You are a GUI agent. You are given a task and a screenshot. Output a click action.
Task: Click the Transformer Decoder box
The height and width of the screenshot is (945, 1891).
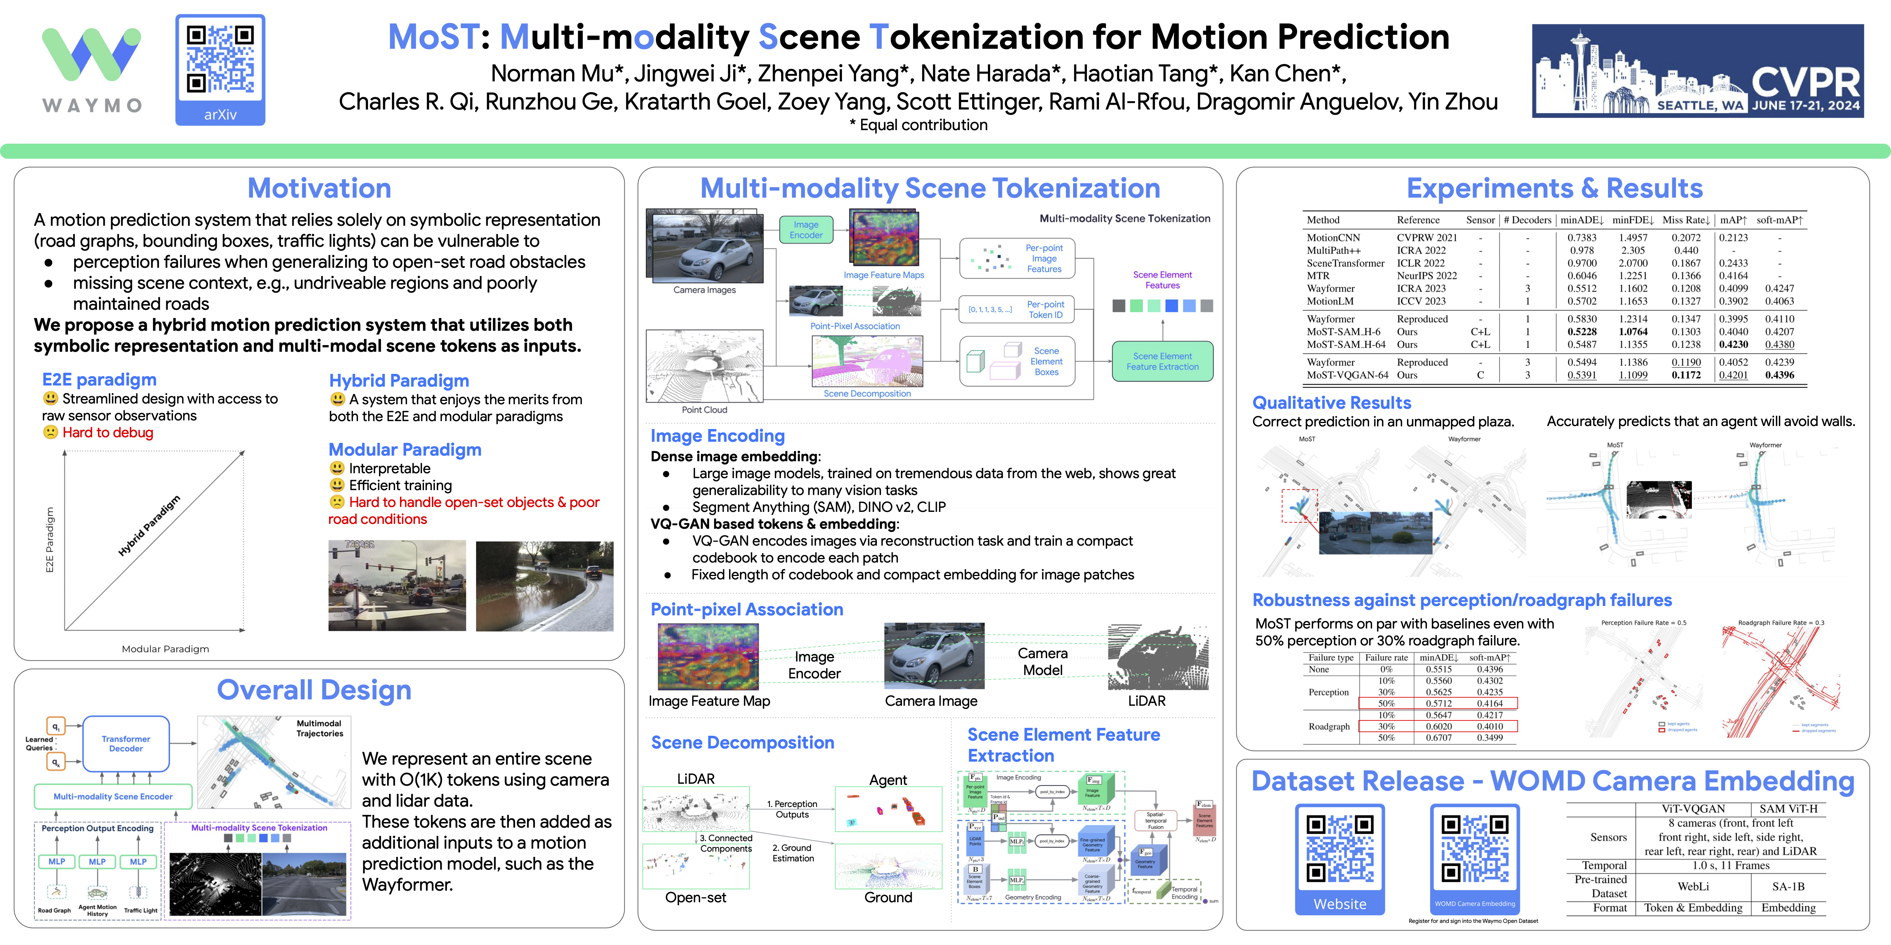click(126, 744)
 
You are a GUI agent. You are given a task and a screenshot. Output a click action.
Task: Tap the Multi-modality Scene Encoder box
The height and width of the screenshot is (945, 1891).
click(113, 796)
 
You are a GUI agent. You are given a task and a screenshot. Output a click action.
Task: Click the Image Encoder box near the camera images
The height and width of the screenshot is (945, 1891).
click(805, 229)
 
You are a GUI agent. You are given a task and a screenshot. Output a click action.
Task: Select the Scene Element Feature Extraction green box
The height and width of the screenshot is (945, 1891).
click(1162, 361)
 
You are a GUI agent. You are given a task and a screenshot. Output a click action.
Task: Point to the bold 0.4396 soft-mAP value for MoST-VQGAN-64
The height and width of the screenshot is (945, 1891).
click(1780, 375)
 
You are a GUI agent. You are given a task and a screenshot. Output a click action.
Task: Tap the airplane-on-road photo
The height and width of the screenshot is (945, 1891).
click(397, 585)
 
